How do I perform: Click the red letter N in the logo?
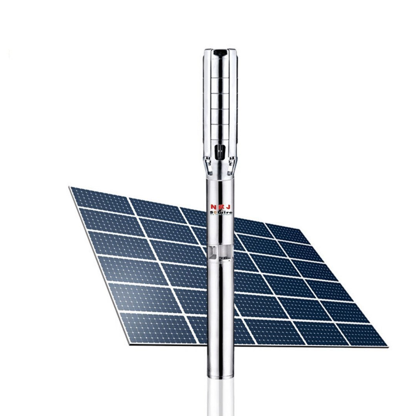212,207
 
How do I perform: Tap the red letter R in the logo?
220,207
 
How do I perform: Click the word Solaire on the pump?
221,212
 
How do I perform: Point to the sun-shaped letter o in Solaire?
215,212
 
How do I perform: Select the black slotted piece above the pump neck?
220,151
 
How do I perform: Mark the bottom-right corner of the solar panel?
387,347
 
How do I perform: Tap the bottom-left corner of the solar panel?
130,344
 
